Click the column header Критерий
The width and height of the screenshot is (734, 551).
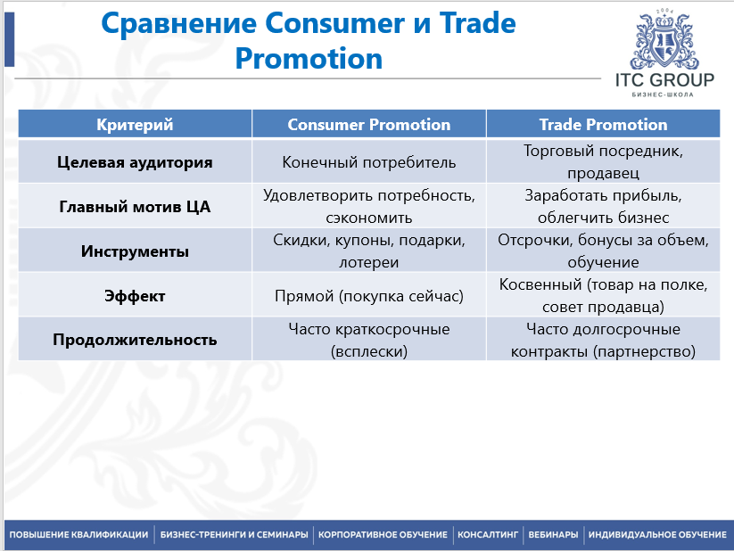[135, 125]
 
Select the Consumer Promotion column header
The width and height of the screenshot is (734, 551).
[369, 125]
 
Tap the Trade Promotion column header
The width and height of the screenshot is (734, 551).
[603, 125]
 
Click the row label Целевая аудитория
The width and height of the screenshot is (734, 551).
[135, 162]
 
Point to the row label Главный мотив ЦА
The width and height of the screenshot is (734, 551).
[135, 207]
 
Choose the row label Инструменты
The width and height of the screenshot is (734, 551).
[135, 251]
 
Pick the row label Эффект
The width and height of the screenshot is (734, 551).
[135, 296]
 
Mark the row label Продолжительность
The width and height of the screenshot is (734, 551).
[135, 340]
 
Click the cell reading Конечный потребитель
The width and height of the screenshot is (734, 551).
[369, 162]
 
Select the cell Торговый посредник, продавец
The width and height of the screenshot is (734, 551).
[603, 161]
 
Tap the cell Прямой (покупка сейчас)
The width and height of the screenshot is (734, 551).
[369, 296]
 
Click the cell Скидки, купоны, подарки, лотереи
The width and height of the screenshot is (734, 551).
[369, 251]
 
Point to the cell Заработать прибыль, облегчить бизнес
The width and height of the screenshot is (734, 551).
[603, 207]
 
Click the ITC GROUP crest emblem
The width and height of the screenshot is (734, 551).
[664, 40]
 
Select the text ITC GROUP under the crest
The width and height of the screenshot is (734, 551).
[664, 80]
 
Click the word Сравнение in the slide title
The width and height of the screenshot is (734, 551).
[179, 24]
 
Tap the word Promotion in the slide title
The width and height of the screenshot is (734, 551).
[309, 59]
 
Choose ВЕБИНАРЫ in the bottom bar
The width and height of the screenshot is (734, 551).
[553, 535]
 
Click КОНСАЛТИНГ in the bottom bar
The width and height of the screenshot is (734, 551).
[488, 535]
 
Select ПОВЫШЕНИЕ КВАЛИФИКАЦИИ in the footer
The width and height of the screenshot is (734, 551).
[78, 535]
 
